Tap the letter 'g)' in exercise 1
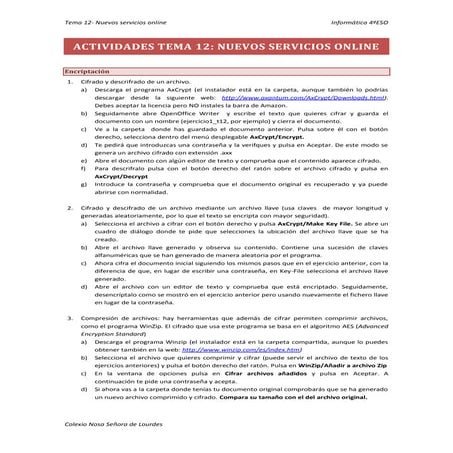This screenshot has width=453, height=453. [x=84, y=182]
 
